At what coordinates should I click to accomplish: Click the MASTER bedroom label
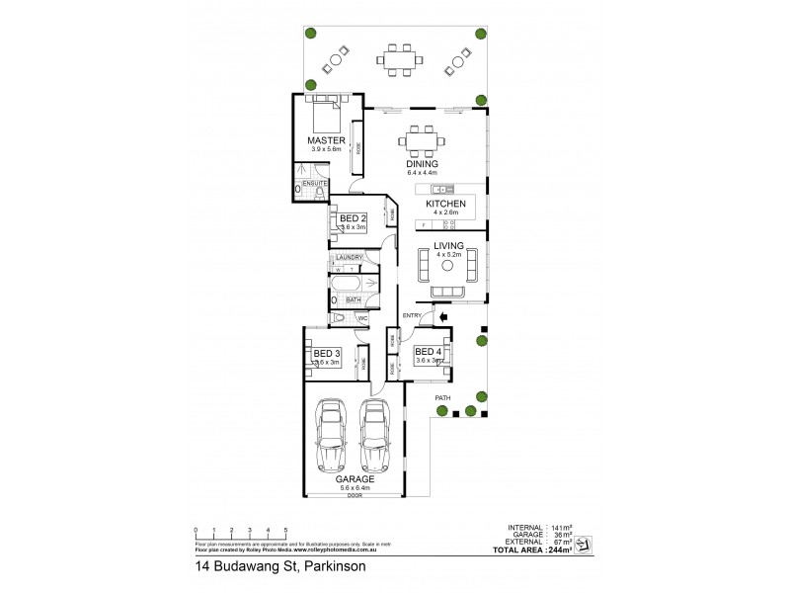coord(324,140)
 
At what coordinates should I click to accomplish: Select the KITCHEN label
coord(445,204)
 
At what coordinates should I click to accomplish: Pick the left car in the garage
coord(331,435)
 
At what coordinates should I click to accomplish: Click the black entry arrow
coord(443,316)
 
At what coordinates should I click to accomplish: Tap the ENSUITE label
coord(314,183)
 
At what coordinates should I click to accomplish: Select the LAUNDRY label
coord(350,258)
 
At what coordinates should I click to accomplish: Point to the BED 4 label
coord(428,352)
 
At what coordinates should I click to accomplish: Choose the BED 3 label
coord(326,353)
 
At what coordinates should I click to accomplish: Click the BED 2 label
coord(353,217)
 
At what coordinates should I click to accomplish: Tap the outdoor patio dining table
coord(402,59)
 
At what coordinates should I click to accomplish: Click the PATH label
coord(443,398)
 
